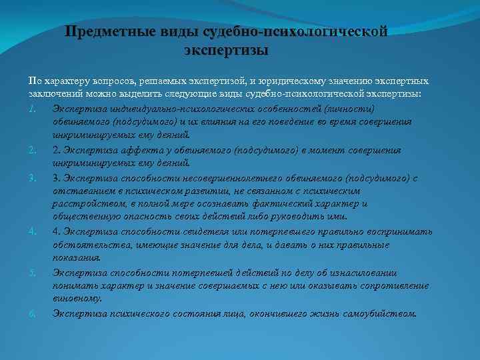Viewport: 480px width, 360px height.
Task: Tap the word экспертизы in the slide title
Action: pos(226,51)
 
